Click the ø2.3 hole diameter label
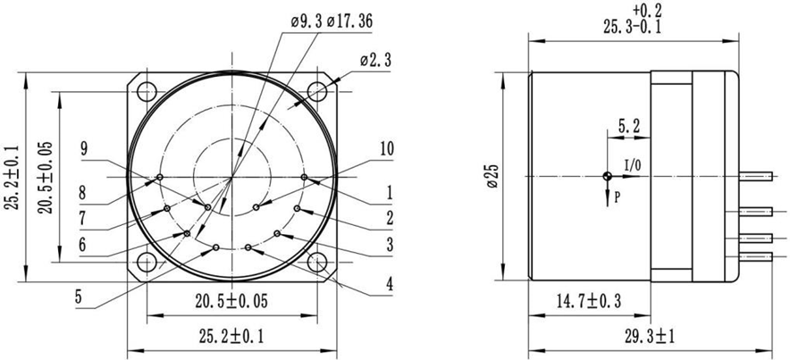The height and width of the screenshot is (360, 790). [x=374, y=60]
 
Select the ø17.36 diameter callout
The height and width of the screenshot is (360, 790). [x=341, y=21]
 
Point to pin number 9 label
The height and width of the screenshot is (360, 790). [x=84, y=148]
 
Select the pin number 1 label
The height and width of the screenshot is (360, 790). [x=389, y=190]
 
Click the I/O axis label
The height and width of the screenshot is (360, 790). [x=632, y=164]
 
